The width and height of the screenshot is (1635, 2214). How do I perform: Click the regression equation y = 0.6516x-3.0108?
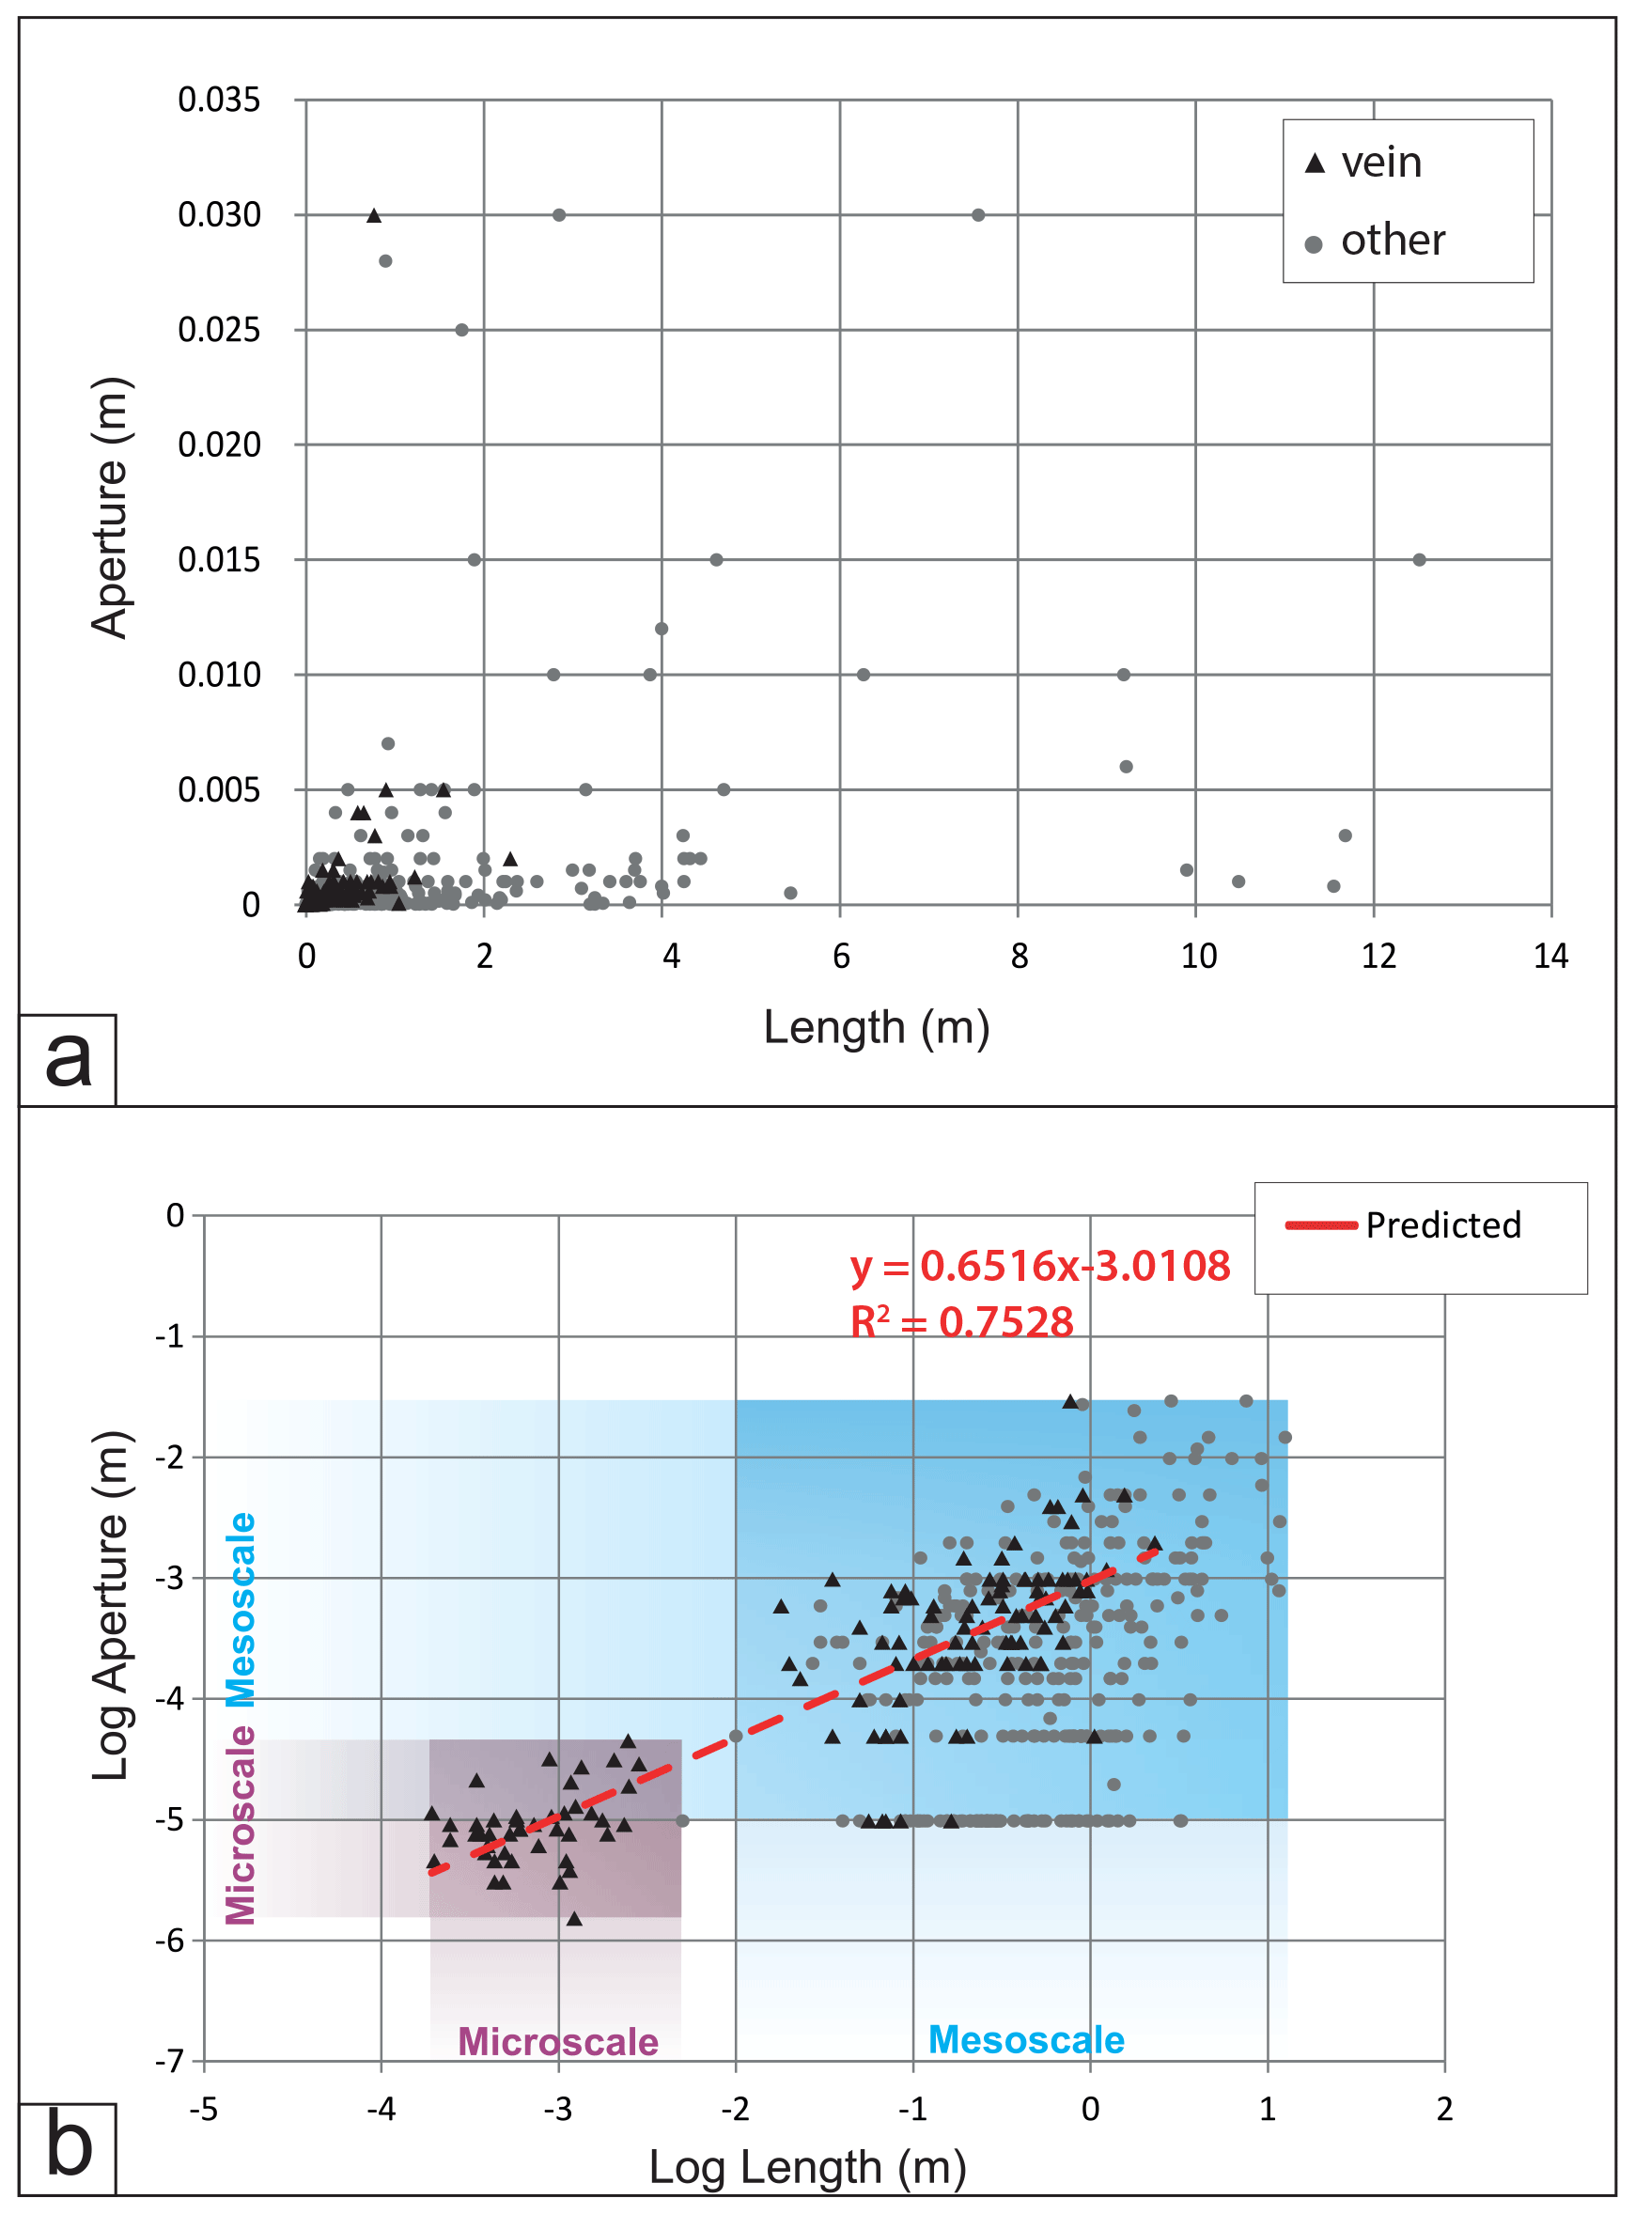click(x=1039, y=1266)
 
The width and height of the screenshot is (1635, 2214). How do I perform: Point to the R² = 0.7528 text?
click(x=961, y=1322)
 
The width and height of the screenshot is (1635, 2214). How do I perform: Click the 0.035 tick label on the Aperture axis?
click(x=219, y=100)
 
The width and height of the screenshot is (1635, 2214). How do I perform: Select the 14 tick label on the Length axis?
click(x=1549, y=956)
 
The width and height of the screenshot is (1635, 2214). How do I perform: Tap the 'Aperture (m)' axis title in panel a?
click(x=110, y=507)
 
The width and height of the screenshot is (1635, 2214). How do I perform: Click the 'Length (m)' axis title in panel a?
click(x=876, y=1027)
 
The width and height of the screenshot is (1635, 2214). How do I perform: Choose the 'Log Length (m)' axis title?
click(x=806, y=2167)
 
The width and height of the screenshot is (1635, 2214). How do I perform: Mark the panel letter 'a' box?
click(x=68, y=1060)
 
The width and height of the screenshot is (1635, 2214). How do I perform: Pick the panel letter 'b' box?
click(x=68, y=2147)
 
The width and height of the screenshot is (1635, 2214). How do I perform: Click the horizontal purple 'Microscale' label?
click(x=557, y=2042)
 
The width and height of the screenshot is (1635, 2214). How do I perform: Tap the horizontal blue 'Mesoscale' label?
click(x=1025, y=2040)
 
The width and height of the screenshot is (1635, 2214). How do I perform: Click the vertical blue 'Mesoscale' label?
click(x=241, y=1611)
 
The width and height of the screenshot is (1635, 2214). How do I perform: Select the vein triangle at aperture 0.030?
click(x=374, y=216)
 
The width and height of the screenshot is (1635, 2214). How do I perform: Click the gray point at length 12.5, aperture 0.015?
click(x=1418, y=560)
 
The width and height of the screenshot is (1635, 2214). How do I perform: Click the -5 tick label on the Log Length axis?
click(x=204, y=2108)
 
